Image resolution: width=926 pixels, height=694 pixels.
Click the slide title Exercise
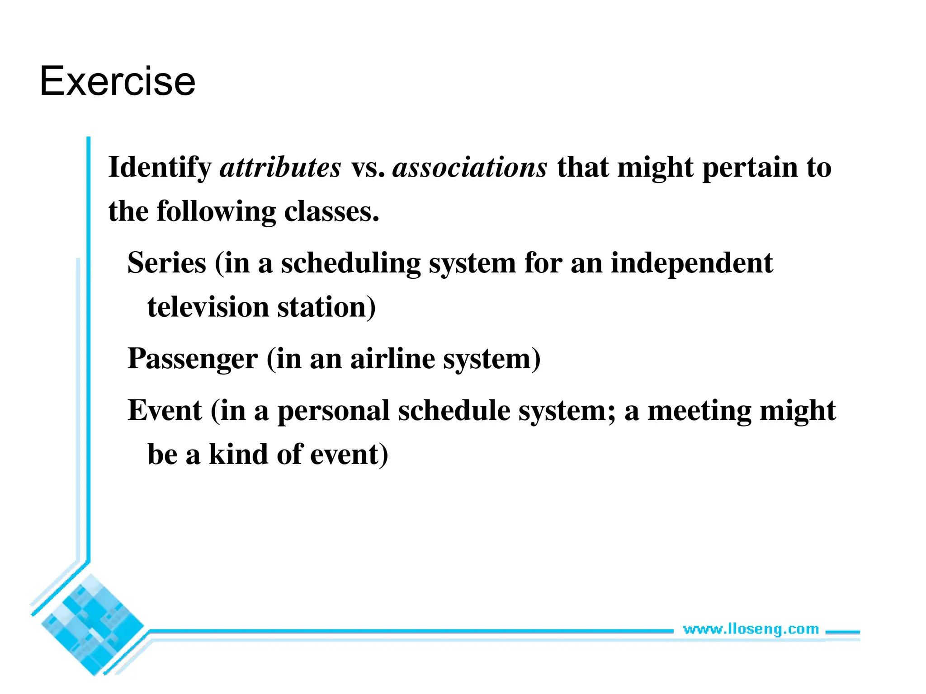(118, 81)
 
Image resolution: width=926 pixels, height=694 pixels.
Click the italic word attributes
(280, 167)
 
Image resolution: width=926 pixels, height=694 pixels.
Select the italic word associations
(469, 167)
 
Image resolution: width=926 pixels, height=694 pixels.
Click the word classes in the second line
(331, 211)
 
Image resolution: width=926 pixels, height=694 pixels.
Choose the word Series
(167, 263)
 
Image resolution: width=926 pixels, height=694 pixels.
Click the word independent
(691, 264)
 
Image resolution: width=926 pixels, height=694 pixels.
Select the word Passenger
(193, 359)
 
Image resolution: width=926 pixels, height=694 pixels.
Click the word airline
(392, 359)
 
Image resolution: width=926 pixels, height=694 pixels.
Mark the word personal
(333, 411)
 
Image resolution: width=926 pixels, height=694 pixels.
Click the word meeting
(699, 411)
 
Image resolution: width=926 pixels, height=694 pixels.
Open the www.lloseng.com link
(751, 629)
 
